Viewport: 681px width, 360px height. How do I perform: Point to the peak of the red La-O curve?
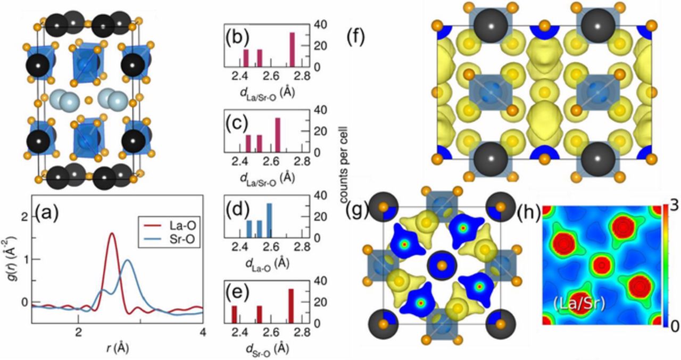point(111,234)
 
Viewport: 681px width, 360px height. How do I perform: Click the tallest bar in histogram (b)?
point(292,49)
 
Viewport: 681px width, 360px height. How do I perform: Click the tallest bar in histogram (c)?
point(277,135)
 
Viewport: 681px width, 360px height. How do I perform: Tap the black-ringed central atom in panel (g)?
point(441,264)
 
